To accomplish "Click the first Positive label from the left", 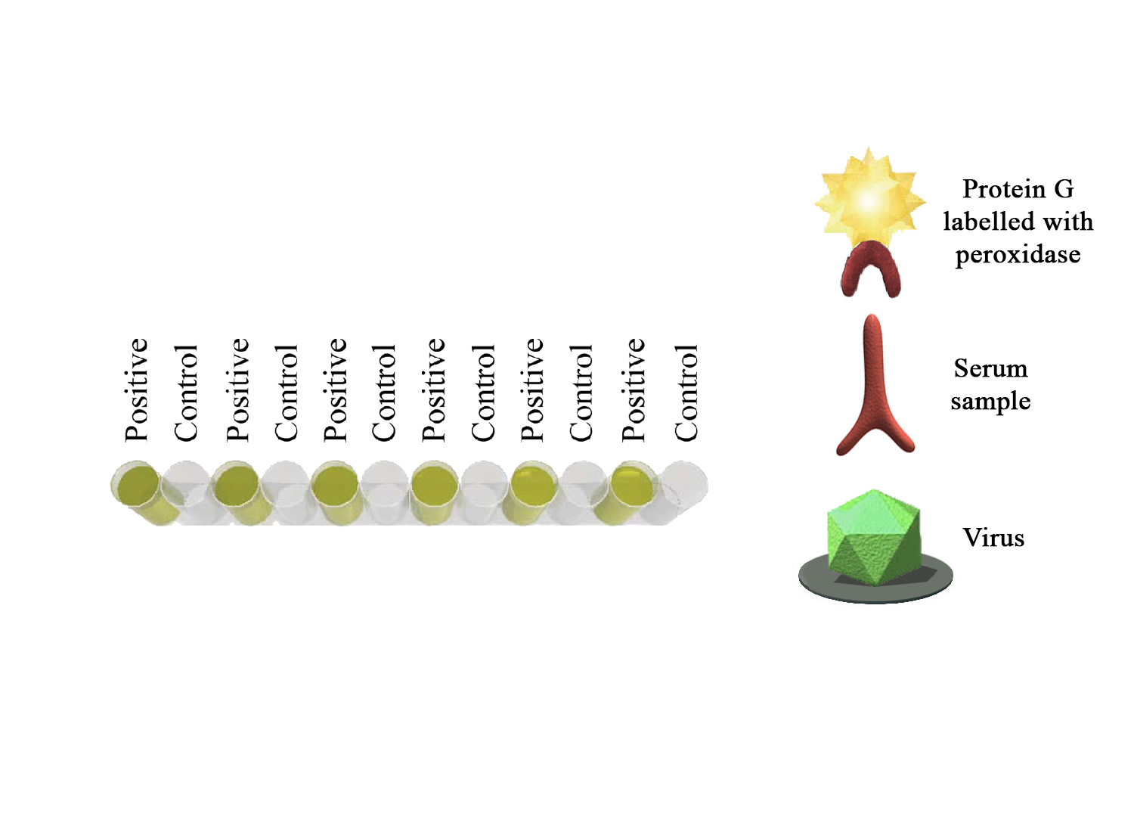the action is [x=136, y=390].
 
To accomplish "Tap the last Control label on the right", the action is [x=686, y=393].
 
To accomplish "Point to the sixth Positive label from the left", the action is [x=633, y=390].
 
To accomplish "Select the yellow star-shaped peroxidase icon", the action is [x=869, y=198].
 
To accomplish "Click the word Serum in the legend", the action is [x=990, y=368].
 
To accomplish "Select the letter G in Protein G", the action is [x=1064, y=189].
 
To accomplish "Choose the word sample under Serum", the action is [x=990, y=402].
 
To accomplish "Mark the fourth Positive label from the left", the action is [x=433, y=390].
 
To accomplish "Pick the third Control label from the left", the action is [x=383, y=393].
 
